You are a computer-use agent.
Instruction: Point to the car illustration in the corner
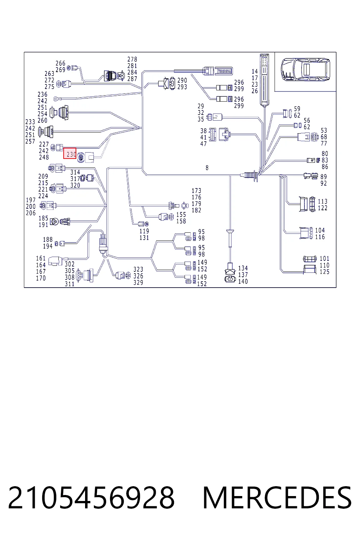[x=305, y=69]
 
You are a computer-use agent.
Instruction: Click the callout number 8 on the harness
[x=207, y=168]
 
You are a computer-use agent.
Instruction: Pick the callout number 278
[x=132, y=59]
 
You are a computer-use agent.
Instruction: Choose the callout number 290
[x=182, y=80]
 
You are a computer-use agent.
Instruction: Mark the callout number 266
[x=60, y=63]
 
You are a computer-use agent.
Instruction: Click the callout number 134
[x=243, y=268]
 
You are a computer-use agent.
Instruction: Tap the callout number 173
[x=196, y=191]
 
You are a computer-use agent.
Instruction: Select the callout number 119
[x=144, y=231]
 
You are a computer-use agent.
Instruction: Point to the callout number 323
[x=138, y=269]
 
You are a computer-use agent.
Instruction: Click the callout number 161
[x=40, y=258]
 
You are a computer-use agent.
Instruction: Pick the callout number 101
[x=324, y=258]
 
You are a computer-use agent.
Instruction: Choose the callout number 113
[x=322, y=201]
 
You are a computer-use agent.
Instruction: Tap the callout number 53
[x=323, y=130]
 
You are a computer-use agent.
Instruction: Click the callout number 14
[x=255, y=71]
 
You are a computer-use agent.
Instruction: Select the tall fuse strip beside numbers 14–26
[x=264, y=80]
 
